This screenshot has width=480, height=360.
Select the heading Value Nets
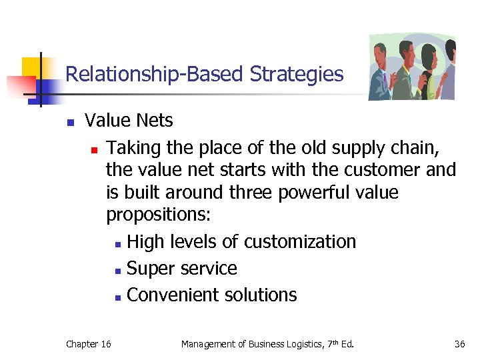tap(129, 121)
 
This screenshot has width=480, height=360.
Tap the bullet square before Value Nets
tap(69, 122)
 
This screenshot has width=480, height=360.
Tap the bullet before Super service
tap(117, 270)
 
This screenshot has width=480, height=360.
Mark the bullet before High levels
tap(117, 243)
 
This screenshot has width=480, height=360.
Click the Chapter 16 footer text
tap(89, 344)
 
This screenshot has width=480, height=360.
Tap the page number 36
tap(459, 344)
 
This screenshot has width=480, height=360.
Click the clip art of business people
tap(411, 67)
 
